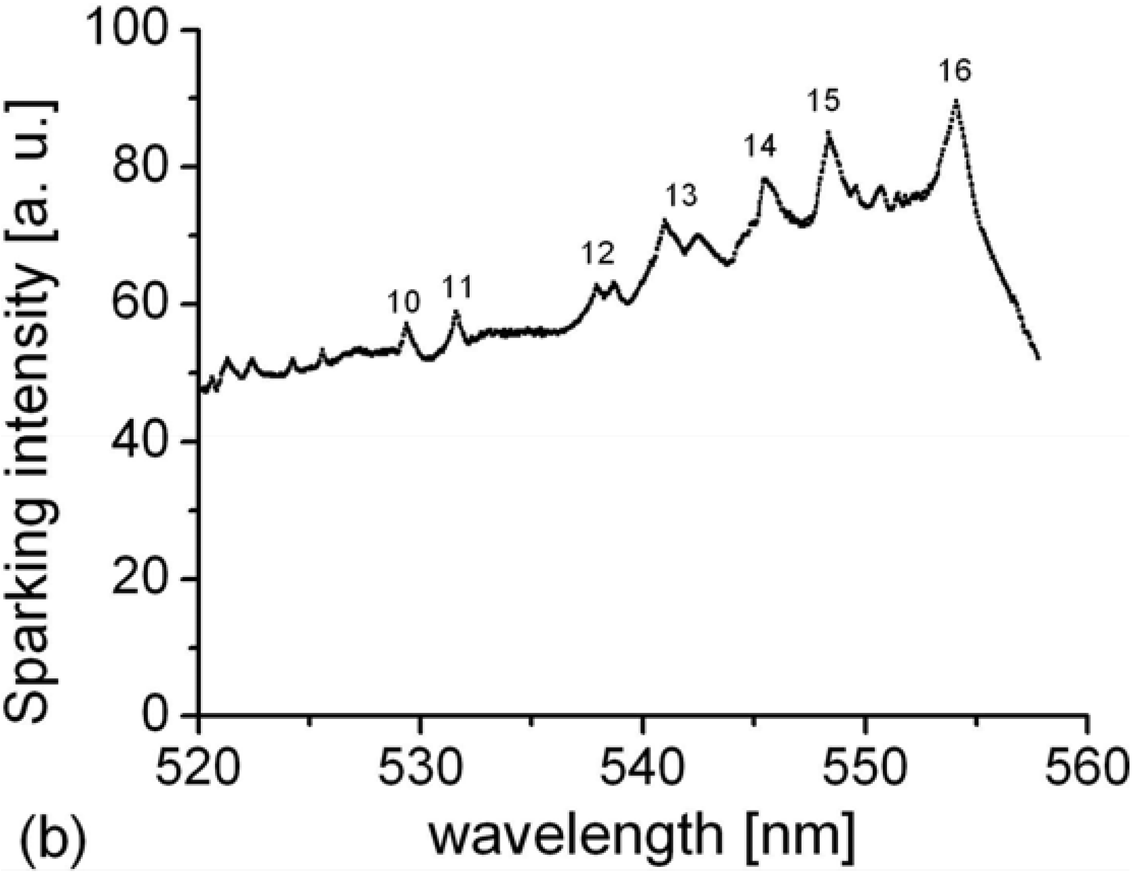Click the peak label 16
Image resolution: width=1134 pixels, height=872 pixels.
point(955,71)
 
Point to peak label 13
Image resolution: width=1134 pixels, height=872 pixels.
point(681,196)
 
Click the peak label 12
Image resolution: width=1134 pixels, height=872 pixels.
point(598,254)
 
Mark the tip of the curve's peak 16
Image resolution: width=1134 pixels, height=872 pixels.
point(956,101)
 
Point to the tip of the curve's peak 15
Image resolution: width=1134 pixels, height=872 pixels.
point(828,132)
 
